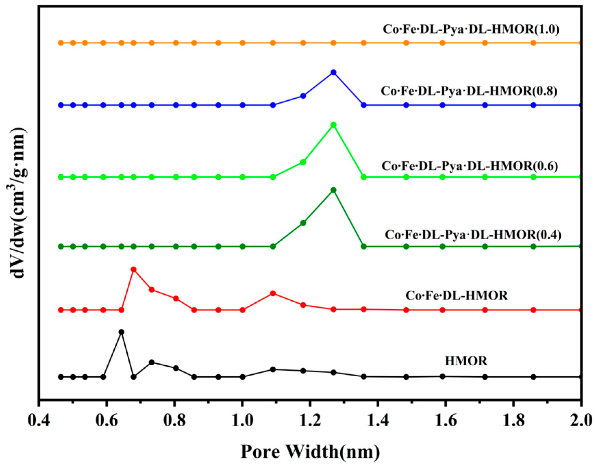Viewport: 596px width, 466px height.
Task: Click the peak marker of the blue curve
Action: (333, 72)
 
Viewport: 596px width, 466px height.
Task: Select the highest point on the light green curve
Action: (333, 125)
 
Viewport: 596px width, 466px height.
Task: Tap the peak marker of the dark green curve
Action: (333, 190)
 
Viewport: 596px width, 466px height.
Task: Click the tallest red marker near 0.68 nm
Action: (134, 269)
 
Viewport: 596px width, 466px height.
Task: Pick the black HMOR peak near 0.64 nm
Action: (121, 332)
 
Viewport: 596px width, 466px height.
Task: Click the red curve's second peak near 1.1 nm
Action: (273, 293)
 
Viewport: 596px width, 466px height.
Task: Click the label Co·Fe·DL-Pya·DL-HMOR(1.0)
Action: (471, 29)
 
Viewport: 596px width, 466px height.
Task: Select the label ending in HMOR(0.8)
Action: (469, 91)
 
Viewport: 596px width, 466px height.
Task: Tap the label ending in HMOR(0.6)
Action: (469, 166)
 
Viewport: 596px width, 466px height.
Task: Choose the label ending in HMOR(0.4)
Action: (473, 235)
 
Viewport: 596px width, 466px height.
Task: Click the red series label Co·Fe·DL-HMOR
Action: (456, 295)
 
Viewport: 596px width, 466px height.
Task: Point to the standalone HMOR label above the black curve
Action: (466, 361)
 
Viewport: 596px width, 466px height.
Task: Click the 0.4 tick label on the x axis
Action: (39, 420)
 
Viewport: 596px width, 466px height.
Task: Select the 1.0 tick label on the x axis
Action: (242, 420)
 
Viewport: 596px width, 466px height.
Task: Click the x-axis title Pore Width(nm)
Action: (310, 451)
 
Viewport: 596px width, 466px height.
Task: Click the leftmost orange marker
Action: (61, 43)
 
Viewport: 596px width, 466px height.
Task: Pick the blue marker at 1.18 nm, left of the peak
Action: (303, 96)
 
